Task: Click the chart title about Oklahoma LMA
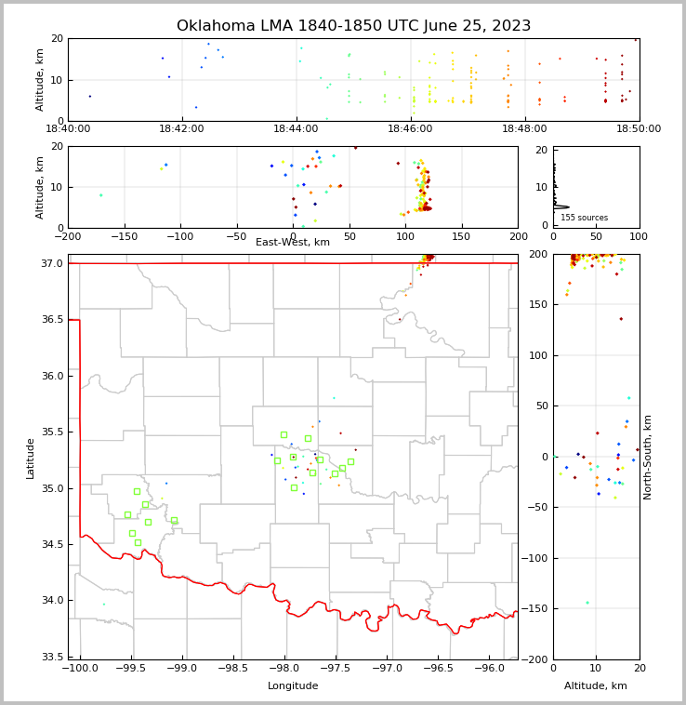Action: [x=353, y=26]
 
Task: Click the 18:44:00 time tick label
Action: [x=297, y=129]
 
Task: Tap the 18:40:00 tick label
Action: [x=68, y=129]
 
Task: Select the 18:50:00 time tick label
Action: [x=639, y=129]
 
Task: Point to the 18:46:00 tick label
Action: [x=410, y=129]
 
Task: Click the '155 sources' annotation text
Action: [x=584, y=218]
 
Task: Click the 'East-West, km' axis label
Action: [x=293, y=243]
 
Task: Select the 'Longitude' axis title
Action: [x=293, y=685]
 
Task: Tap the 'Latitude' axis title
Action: [x=31, y=458]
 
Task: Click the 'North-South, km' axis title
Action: [x=648, y=457]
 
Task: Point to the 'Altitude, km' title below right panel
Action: [x=596, y=685]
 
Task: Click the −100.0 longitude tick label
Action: [x=79, y=668]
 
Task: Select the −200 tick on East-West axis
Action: [x=68, y=236]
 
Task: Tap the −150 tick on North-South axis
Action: [x=537, y=609]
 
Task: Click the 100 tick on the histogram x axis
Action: [x=639, y=236]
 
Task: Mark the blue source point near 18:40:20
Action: [x=90, y=96]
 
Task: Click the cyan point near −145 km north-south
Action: [x=587, y=603]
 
